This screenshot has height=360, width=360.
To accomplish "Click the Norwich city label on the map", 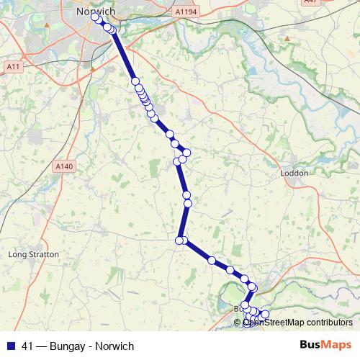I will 96,12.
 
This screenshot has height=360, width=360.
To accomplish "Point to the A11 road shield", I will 12,66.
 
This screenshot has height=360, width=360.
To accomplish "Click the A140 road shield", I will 65,166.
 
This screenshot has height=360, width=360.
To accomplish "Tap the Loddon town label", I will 294,174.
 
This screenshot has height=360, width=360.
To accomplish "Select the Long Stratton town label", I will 33,254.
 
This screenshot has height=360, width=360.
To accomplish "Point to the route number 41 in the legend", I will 29,346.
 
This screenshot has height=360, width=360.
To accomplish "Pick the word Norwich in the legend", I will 114,346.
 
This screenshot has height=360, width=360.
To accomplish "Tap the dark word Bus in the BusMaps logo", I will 311,345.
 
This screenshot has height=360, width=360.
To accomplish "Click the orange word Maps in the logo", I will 337,345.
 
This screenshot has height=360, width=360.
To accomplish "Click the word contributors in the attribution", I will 330,323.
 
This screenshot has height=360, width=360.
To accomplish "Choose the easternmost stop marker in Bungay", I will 265,314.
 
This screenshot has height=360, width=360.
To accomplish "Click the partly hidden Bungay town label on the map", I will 238,308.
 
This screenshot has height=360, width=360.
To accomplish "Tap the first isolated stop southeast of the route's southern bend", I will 212,260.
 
